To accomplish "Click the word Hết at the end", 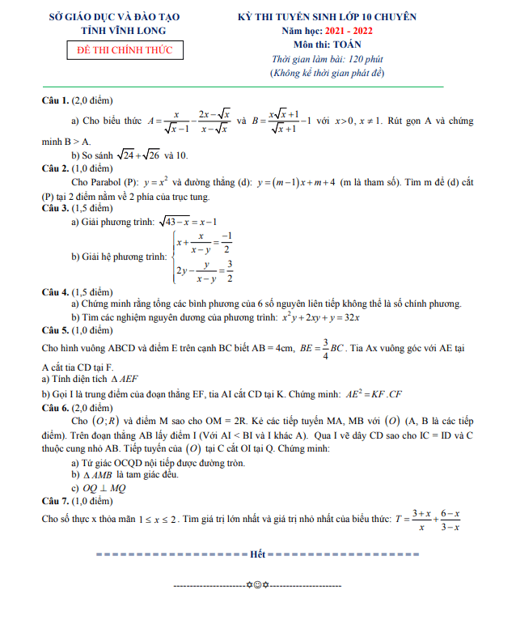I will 258,554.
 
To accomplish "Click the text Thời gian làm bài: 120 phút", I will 328,59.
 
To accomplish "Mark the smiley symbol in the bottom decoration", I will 258,584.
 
